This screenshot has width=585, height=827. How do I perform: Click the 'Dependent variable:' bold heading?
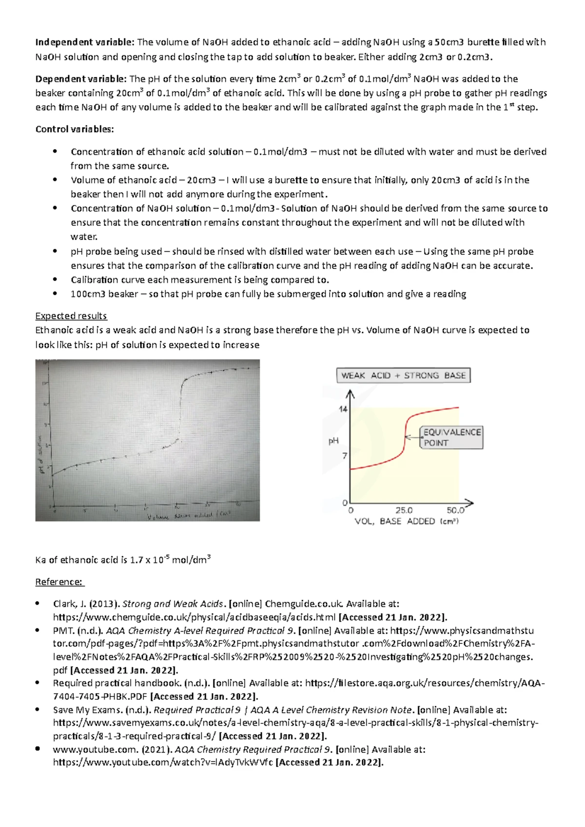[81, 79]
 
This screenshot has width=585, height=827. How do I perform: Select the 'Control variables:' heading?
[75, 129]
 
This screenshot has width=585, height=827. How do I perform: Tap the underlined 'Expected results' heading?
[71, 316]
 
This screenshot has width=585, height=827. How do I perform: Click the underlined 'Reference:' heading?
[59, 582]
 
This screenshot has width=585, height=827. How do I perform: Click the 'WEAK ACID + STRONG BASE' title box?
[403, 376]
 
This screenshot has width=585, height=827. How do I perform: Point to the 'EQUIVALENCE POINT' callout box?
[452, 437]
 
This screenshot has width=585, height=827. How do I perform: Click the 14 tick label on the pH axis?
[343, 409]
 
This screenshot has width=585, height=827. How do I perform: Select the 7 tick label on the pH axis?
[345, 456]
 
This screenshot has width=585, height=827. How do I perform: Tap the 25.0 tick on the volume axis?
[404, 510]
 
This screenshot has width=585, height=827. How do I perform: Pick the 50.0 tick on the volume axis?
[455, 510]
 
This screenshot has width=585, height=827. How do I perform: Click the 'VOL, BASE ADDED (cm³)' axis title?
[406, 521]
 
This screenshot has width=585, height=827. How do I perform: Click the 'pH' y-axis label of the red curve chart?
[333, 441]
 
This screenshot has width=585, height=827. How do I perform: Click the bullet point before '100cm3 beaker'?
[56, 294]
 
